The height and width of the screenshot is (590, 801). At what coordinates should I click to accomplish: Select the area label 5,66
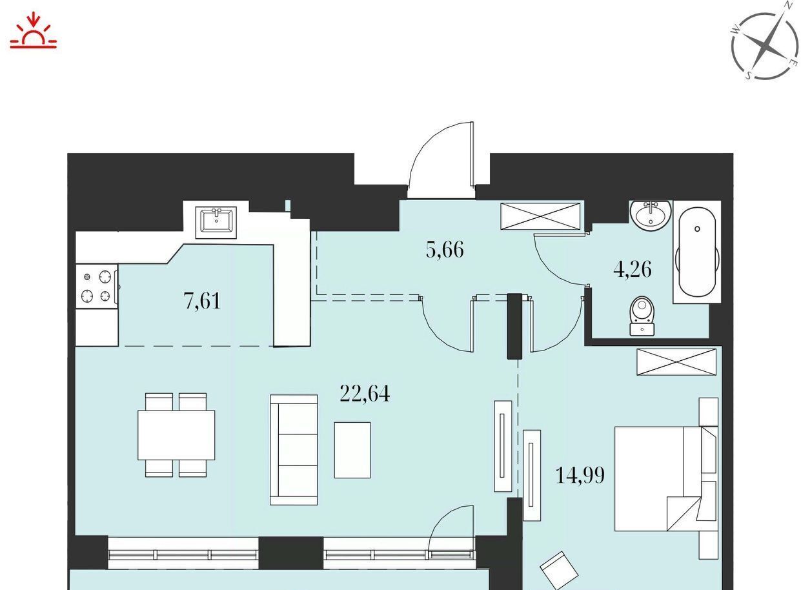click(x=445, y=250)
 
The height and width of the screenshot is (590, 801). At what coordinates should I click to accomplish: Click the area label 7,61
click(x=202, y=301)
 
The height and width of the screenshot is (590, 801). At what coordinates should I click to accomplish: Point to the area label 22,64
click(x=365, y=394)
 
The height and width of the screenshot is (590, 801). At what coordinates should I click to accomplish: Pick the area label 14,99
click(x=580, y=475)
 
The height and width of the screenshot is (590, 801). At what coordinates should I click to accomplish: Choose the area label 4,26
click(x=633, y=269)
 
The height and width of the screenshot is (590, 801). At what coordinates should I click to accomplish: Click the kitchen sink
click(x=216, y=222)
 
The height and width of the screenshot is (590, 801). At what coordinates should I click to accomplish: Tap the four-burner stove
click(x=97, y=286)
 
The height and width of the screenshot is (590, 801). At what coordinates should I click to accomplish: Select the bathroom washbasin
click(x=651, y=215)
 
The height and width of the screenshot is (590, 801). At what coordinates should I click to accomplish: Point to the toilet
click(x=642, y=316)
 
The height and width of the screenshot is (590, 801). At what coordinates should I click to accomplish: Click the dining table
click(x=176, y=435)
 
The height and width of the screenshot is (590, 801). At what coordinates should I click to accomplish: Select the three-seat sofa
click(x=294, y=450)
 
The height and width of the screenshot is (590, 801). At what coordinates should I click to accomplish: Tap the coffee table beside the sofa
click(x=352, y=450)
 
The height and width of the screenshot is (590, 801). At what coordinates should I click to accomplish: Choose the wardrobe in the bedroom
click(x=676, y=362)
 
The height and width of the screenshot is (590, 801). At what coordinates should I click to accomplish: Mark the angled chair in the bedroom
click(x=559, y=572)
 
